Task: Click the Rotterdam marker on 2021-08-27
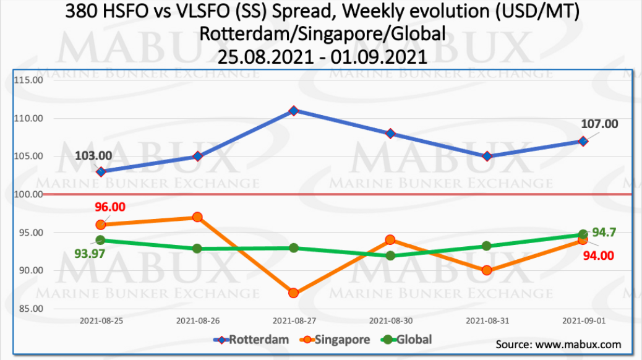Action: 294,111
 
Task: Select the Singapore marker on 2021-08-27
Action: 294,293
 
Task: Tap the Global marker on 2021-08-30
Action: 390,255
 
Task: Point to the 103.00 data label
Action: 93,156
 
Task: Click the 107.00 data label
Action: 599,124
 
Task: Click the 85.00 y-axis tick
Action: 30,309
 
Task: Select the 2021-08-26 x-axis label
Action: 197,320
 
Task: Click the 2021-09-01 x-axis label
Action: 583,320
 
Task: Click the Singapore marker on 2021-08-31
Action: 487,270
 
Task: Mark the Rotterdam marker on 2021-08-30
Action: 390,134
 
